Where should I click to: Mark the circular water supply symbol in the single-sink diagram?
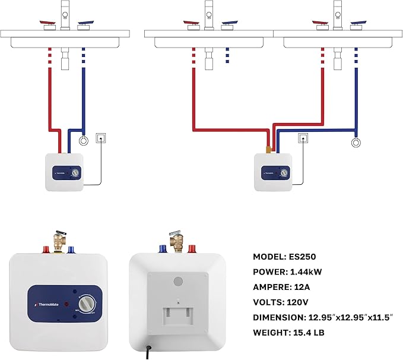pyautogui.click(x=84, y=141)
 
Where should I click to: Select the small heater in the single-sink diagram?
pyautogui.click(x=65, y=172)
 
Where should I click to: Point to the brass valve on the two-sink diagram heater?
pyautogui.click(x=268, y=147)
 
